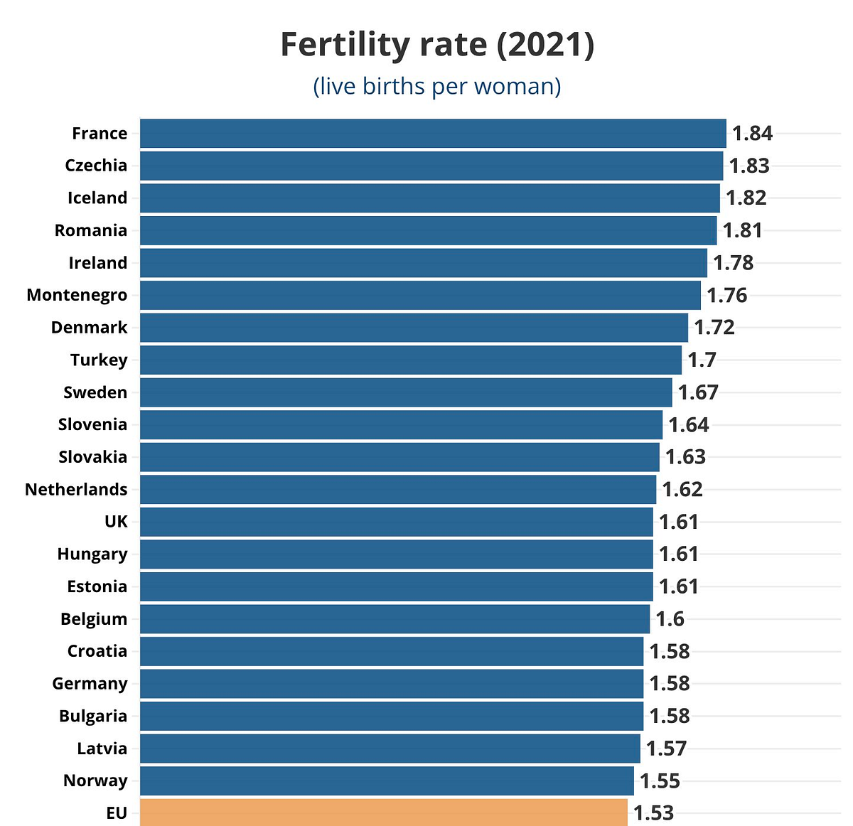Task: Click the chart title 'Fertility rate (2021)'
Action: tap(437, 45)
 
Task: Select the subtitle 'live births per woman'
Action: tap(437, 86)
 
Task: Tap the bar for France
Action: tap(433, 134)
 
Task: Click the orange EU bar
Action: tap(384, 812)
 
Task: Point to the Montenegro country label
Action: tap(77, 295)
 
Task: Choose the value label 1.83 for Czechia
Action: tap(749, 166)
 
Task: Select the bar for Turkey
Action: tap(411, 360)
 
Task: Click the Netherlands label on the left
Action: tap(76, 489)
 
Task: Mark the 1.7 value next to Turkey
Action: tap(702, 360)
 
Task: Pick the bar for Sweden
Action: tap(406, 392)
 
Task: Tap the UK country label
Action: tap(116, 522)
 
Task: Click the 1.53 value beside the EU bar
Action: tap(653, 812)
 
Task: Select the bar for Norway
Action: tap(387, 781)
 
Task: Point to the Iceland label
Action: tap(97, 198)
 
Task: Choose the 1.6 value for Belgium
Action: tap(670, 619)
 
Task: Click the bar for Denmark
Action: tap(414, 328)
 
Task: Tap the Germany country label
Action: tap(90, 684)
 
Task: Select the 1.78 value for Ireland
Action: tap(733, 263)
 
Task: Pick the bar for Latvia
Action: tap(390, 749)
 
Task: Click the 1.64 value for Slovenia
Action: tap(689, 425)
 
